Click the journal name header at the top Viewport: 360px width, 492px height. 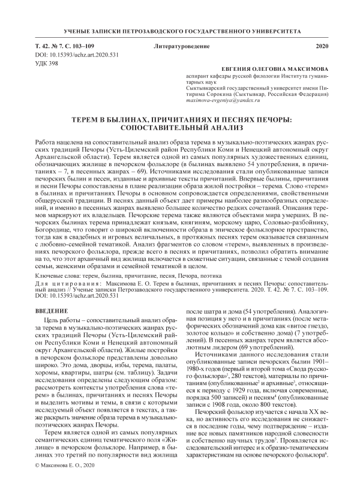(x=179, y=30)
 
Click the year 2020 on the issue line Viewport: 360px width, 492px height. (x=322, y=46)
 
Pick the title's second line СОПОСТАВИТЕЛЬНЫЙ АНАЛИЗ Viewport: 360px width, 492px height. (x=179, y=128)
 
